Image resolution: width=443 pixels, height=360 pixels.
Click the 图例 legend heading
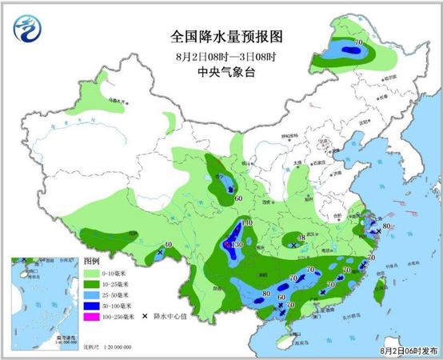91,262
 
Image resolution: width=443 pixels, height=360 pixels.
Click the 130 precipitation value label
237,245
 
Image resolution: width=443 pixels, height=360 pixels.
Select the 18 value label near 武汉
301,238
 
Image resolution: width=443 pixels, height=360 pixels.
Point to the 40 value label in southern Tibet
168,245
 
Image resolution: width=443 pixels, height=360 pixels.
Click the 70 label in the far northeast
358,42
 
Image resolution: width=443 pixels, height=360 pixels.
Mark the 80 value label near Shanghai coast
387,226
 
